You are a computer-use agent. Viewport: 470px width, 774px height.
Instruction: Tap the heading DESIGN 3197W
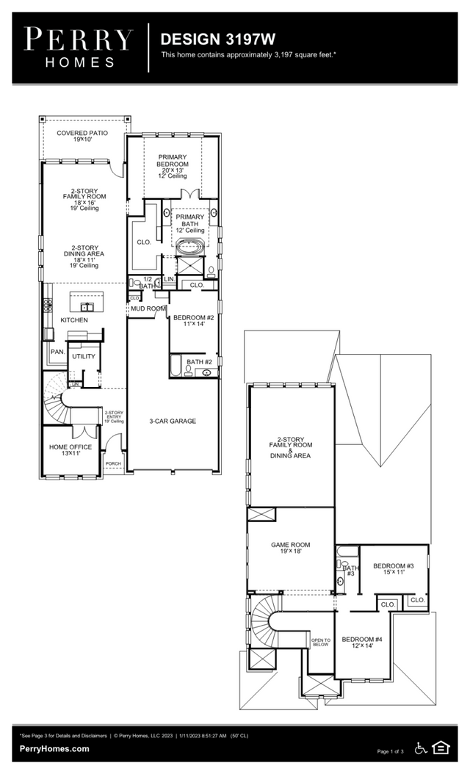tap(208, 39)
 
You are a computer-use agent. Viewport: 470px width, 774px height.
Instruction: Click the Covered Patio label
tap(82, 135)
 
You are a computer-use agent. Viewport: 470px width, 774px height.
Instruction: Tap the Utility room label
tap(83, 356)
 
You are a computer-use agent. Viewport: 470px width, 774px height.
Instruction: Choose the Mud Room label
tap(148, 309)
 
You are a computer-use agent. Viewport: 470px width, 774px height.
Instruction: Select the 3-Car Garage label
tap(173, 421)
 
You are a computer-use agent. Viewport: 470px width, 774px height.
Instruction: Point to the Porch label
tap(113, 463)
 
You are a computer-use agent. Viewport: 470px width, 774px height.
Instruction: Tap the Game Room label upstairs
tap(291, 548)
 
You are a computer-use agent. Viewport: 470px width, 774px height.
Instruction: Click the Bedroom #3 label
tap(394, 569)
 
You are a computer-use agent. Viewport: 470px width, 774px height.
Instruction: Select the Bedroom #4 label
tap(363, 642)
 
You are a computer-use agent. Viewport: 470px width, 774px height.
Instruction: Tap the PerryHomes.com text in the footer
tap(54, 748)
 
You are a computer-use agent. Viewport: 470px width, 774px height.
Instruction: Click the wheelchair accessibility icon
tap(421, 748)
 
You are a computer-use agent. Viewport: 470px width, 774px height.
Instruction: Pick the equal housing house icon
tap(441, 748)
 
